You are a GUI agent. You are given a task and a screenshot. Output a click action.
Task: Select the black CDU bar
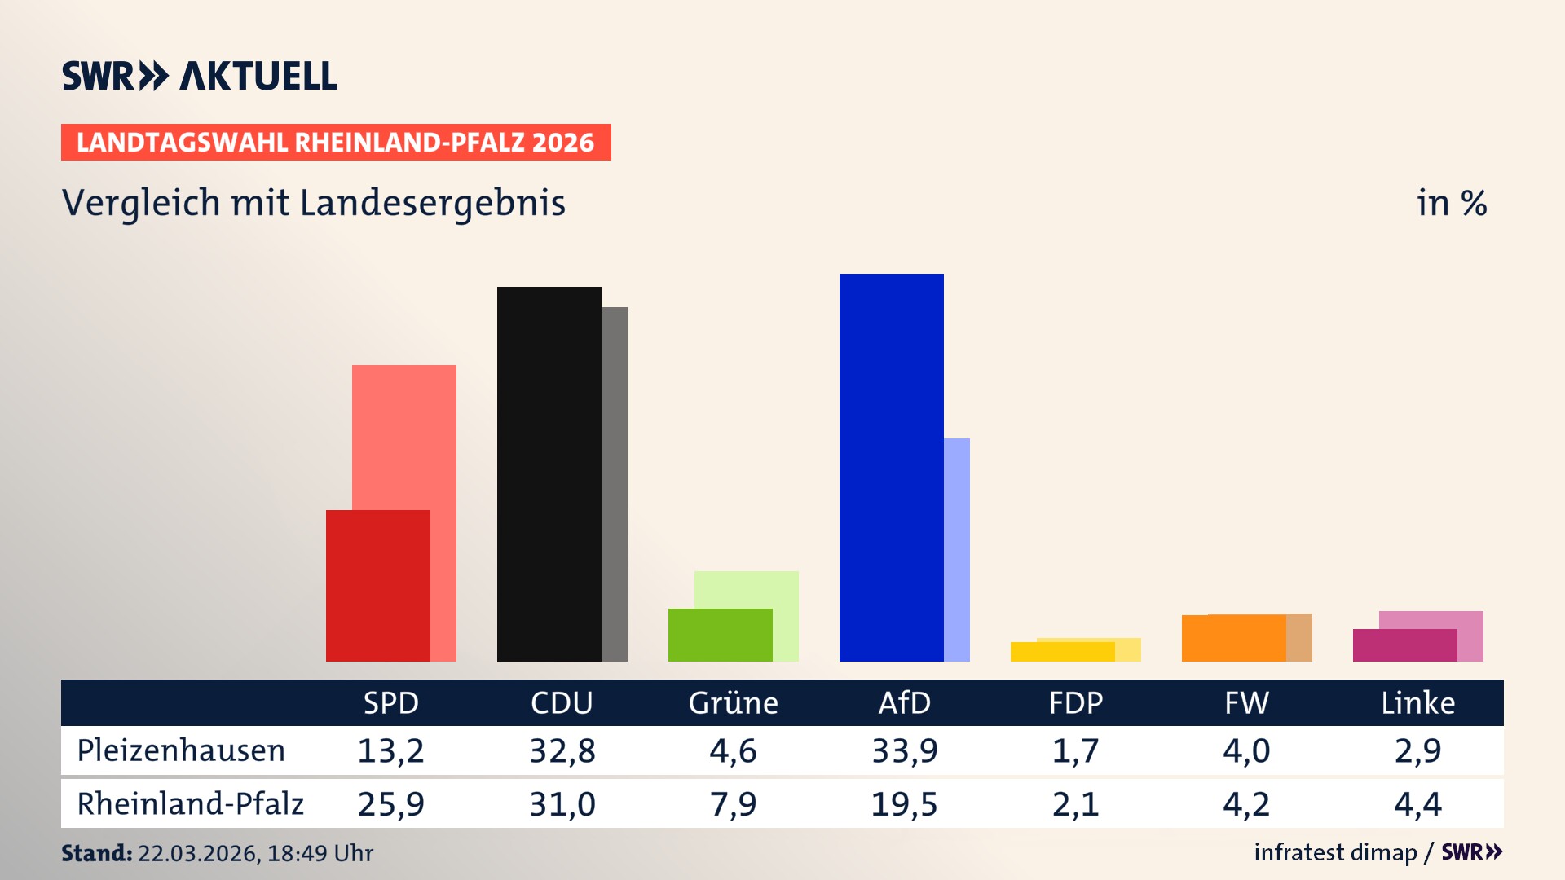point(549,473)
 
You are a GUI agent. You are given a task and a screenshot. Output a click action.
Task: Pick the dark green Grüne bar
point(720,635)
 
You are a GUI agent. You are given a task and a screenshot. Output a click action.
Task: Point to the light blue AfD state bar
point(958,549)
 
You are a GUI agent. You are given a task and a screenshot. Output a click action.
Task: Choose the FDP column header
point(1075,702)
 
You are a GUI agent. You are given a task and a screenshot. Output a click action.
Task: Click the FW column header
point(1246,702)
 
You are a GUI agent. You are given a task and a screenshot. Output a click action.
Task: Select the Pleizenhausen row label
point(181,750)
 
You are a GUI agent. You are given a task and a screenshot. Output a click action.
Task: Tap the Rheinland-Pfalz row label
point(190,804)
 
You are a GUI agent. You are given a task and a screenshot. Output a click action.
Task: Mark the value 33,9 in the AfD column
point(904,750)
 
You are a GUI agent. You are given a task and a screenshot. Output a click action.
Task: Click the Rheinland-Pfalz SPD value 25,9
point(390,804)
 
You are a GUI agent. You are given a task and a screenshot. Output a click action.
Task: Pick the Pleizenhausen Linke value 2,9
point(1417,750)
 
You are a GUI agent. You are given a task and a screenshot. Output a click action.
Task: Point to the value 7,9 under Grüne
point(733,804)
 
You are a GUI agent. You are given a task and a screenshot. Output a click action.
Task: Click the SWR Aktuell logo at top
point(199,76)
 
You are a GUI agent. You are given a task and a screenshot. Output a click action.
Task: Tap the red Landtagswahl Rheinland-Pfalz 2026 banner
point(336,143)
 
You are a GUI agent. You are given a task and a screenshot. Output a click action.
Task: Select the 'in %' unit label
point(1451,203)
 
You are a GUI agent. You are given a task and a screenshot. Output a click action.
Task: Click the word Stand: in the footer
point(96,853)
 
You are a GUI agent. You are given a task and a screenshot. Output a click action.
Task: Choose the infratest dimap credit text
point(1334,852)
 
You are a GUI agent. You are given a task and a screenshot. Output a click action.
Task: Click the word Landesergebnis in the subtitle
point(432,203)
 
